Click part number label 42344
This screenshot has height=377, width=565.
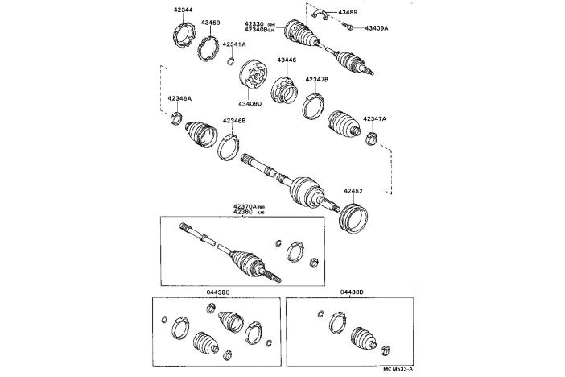pos(183,10)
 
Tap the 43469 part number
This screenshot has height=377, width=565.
pos(211,23)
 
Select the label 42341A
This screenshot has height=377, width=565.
pos(234,43)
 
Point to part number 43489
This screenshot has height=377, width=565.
pos(348,13)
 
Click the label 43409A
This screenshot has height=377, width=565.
pos(376,27)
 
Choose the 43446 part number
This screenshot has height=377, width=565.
pos(287,60)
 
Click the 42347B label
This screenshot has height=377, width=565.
pos(317,80)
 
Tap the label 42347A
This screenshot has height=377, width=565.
pos(375,118)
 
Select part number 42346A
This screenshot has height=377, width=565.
pos(179,98)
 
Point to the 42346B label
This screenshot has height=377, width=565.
pos(234,120)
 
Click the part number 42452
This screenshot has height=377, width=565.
pos(354,191)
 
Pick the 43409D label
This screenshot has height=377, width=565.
pos(250,102)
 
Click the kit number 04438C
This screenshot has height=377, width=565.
pos(218,291)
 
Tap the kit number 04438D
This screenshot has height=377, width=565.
pos(351,291)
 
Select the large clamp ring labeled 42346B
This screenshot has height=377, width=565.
pos(229,148)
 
